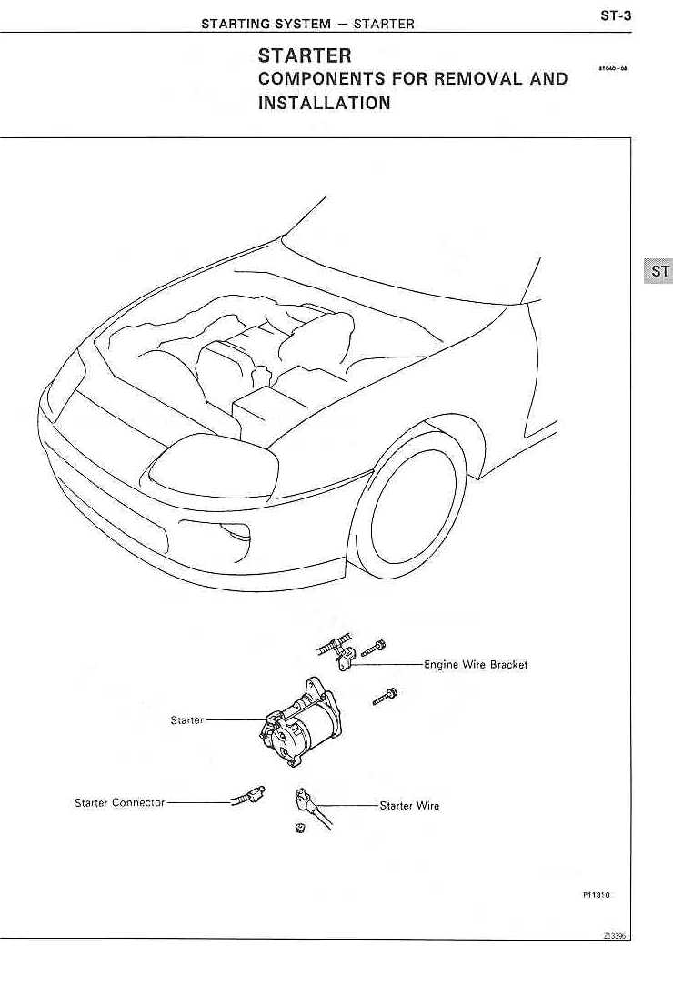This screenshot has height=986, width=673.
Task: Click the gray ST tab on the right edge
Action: click(658, 271)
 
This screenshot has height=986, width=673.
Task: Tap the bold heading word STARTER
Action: click(305, 57)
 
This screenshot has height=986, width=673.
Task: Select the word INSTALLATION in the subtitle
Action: click(325, 103)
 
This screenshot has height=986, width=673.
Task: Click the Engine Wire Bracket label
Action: click(476, 665)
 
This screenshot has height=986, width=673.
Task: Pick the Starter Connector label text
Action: click(119, 803)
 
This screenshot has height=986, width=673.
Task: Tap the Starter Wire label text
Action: click(409, 806)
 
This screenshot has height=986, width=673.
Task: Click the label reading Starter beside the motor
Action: click(186, 720)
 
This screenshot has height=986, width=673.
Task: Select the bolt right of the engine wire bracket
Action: click(374, 648)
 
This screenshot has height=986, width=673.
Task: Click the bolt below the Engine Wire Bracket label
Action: click(383, 698)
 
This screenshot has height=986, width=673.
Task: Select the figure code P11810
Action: click(596, 895)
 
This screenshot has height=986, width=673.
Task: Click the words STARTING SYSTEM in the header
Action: click(266, 25)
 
